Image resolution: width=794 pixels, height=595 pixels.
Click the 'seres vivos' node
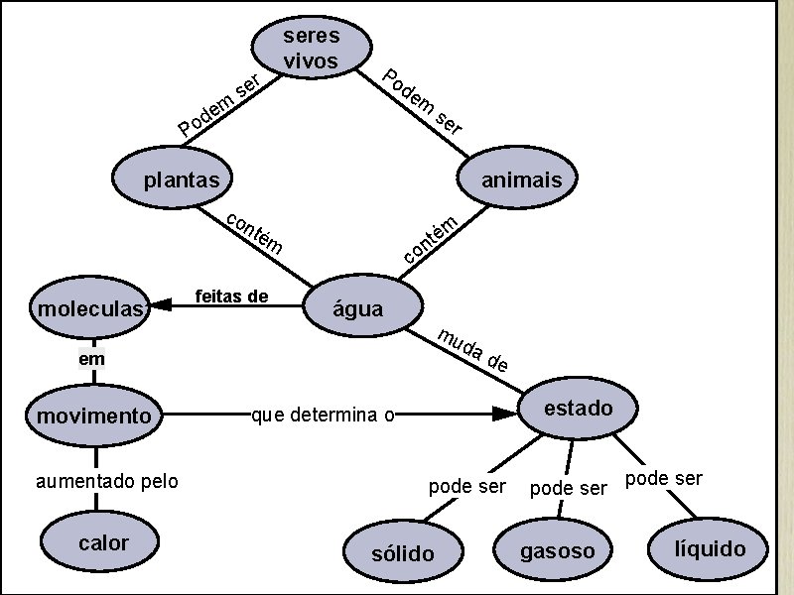pos(312,49)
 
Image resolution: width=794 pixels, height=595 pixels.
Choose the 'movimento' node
pos(95,415)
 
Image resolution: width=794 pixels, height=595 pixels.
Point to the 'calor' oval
pos(102,542)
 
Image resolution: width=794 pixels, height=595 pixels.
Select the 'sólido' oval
pos(402,552)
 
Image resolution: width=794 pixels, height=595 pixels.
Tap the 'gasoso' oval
pos(558,550)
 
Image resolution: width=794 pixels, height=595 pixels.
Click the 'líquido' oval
pos(709,548)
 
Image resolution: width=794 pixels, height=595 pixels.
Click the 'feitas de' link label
pos(232,296)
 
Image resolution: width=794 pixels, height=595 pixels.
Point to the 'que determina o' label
pos(324,415)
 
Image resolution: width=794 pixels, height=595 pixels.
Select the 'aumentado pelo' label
pos(107,481)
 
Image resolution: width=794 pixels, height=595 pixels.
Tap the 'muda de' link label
pos(473,349)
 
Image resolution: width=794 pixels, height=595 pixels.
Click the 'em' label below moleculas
pos(92,359)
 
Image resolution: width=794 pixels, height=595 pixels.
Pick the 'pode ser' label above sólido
pos(467,487)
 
